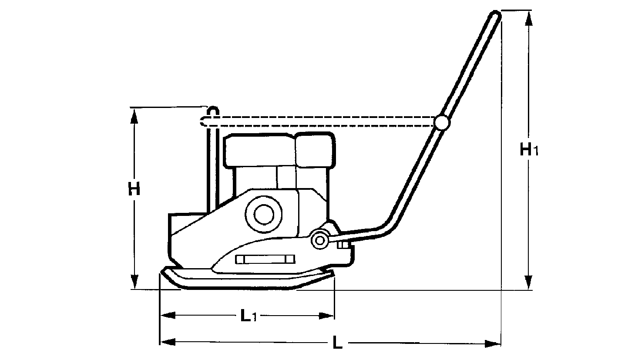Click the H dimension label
tap(134, 188)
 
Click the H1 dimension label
tap(529, 149)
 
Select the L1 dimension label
tap(249, 315)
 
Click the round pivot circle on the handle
tap(442, 122)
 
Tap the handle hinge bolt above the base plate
tap(319, 240)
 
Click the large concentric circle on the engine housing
tap(264, 214)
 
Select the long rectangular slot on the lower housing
tap(265, 259)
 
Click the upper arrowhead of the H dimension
tap(134, 115)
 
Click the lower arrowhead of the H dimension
tap(134, 281)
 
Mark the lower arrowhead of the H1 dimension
tap(528, 282)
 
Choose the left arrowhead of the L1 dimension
tap(168, 316)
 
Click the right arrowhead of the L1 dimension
tap(326, 316)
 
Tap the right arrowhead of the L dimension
tap(493, 343)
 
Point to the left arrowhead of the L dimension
tap(168, 342)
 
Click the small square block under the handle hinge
tap(343, 245)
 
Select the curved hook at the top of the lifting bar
tap(213, 110)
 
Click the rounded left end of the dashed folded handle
tap(202, 121)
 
